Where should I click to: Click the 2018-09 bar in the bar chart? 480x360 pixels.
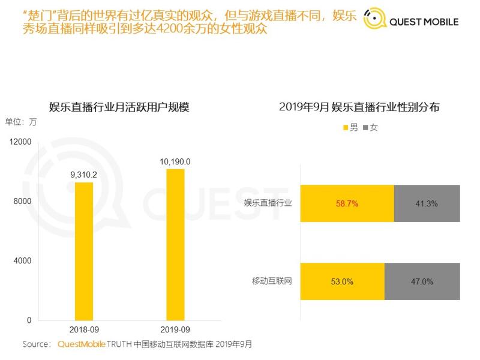tap(84, 251)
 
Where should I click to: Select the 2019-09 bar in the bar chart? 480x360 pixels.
tap(175, 244)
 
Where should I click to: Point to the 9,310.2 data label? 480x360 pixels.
tap(84, 175)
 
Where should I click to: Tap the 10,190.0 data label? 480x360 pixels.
tap(175, 161)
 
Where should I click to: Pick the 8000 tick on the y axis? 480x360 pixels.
tap(23, 202)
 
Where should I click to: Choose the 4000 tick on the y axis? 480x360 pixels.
tap(23, 261)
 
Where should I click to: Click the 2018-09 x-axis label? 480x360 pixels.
tap(84, 329)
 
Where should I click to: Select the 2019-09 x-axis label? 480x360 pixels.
tap(175, 329)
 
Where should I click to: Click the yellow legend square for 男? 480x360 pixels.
tap(346, 128)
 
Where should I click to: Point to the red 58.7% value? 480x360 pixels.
tap(347, 203)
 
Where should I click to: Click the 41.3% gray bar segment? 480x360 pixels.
tap(427, 203)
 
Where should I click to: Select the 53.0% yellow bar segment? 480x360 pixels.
tap(341, 281)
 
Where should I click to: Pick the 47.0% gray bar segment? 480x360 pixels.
tap(422, 281)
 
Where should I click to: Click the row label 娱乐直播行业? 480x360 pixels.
tap(268, 203)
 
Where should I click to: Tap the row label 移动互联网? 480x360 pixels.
tap(272, 280)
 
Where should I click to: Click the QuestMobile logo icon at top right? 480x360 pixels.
tap(375, 21)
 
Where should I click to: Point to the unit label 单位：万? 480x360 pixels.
tap(22, 122)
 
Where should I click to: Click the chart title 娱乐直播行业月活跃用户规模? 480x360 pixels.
tap(119, 108)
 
